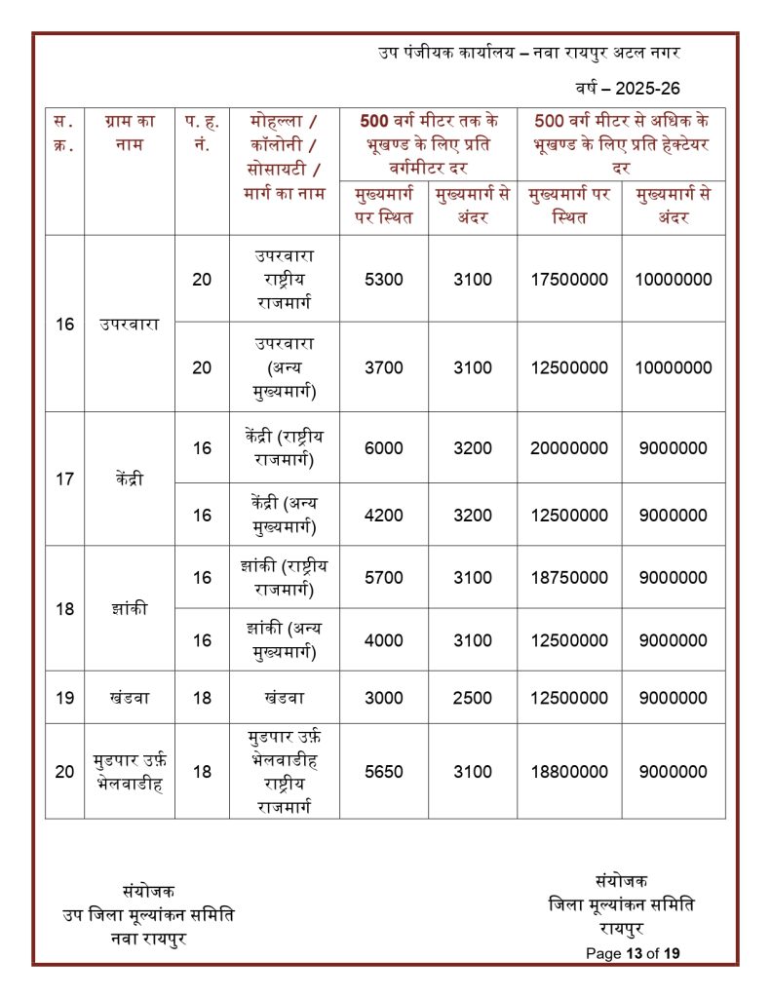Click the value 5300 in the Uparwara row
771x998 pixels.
click(383, 280)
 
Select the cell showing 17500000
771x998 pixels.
click(569, 280)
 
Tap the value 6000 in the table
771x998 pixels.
click(383, 449)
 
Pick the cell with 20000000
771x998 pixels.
click(569, 449)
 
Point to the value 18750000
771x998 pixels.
click(569, 578)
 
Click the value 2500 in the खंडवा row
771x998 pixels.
click(473, 699)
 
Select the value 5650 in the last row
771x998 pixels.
click(383, 772)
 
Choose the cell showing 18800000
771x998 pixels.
click(569, 772)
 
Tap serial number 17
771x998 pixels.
click(64, 480)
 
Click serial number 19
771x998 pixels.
click(64, 699)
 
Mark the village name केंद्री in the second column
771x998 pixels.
click(129, 480)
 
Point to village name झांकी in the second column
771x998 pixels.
click(129, 609)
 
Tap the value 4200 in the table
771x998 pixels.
click(383, 515)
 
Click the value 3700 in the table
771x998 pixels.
click(383, 367)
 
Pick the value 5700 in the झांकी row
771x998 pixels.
click(383, 578)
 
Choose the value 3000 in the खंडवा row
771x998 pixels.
click(383, 699)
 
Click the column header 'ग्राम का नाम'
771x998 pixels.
click(129, 135)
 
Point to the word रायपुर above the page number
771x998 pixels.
click(621, 930)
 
